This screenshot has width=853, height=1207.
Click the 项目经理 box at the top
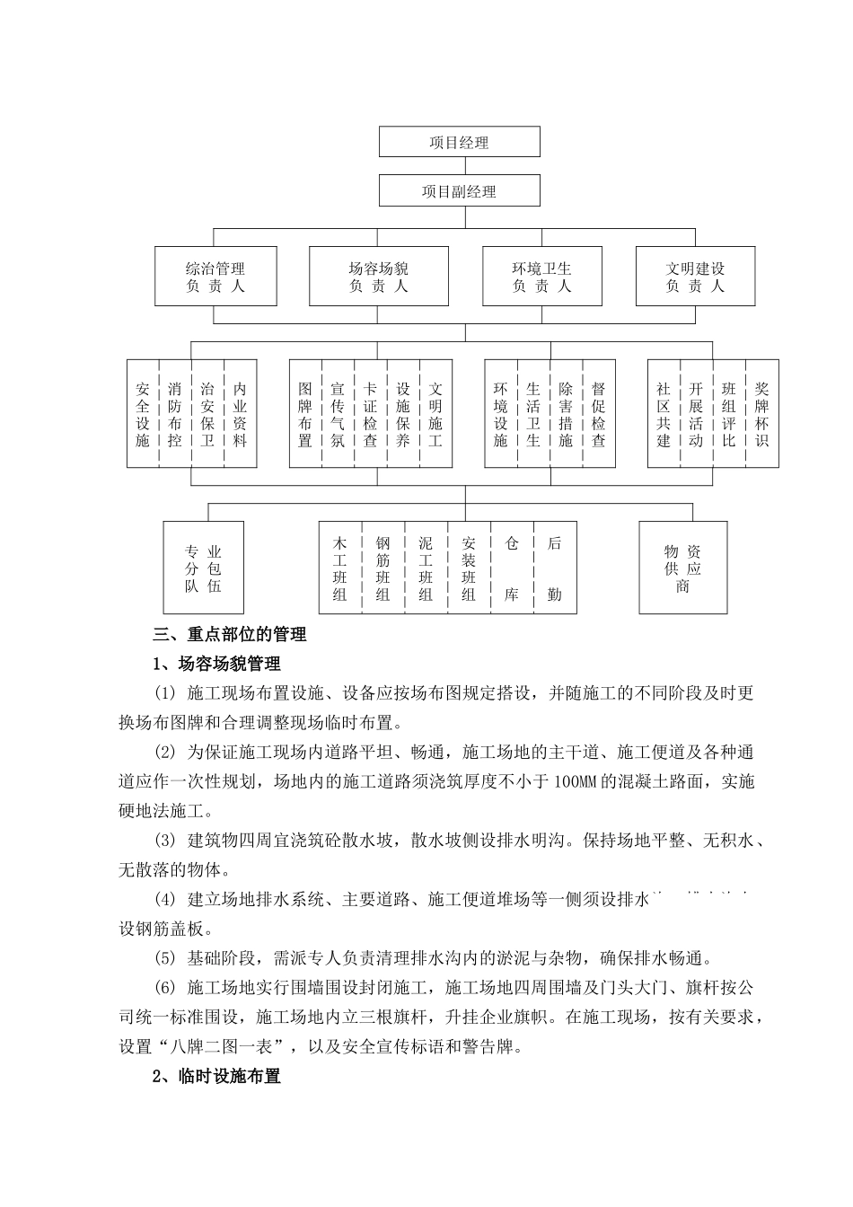click(x=459, y=142)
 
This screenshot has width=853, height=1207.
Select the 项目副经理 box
click(x=459, y=191)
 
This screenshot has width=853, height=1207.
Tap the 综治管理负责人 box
click(x=215, y=277)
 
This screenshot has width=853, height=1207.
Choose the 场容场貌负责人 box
click(x=378, y=277)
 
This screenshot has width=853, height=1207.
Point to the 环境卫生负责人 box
click(x=541, y=277)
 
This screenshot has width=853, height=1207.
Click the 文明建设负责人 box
click(x=695, y=277)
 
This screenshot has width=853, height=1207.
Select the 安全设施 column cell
click(x=143, y=414)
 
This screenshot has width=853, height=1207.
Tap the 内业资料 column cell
click(x=240, y=414)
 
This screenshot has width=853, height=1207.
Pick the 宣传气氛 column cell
click(x=338, y=414)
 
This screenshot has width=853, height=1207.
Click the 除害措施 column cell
click(x=566, y=414)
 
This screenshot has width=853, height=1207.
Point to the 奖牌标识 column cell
click(x=761, y=414)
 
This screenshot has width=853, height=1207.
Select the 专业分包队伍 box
click(x=203, y=568)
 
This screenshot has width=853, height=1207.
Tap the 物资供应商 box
click(x=682, y=568)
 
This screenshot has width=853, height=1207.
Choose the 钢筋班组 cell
click(x=383, y=568)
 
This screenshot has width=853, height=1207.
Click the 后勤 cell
click(x=554, y=568)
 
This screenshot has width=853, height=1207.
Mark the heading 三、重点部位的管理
click(x=230, y=635)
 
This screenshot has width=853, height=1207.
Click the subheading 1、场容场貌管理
click(x=216, y=665)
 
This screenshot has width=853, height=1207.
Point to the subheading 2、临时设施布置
click(x=216, y=1076)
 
